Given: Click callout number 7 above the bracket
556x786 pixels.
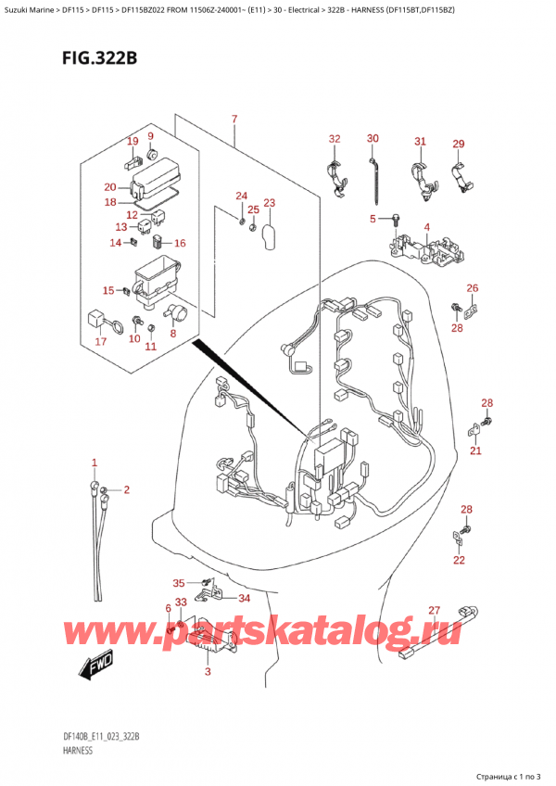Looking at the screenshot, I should pos(234,120).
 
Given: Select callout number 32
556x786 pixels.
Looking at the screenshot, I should pos(335,139).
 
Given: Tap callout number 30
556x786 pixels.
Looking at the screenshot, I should pos(373,138).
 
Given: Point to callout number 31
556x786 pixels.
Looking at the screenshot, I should pos(420,141).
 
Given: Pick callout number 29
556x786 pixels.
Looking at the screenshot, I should pos(458,144).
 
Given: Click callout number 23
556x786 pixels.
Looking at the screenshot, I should pos(269,203).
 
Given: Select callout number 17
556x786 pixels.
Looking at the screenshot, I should pos(100,342).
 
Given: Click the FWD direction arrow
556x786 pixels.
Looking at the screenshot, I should pos(96,668).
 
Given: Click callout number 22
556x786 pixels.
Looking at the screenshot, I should pos(459,560).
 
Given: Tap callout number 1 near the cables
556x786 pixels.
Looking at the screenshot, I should pos(94,463).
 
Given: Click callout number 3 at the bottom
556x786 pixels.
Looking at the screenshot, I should pos(208,671).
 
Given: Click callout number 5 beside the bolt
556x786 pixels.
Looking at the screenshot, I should pos(373,219).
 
